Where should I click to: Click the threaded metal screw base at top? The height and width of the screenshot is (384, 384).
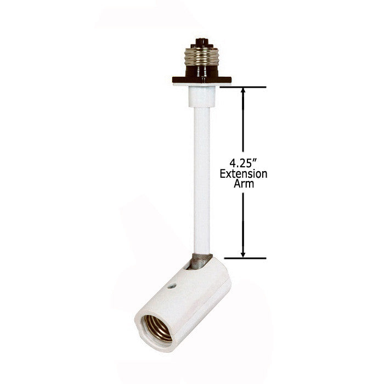click(201, 57)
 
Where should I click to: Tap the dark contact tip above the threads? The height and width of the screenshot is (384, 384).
click(201, 43)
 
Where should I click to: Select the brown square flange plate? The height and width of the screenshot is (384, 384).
click(202, 80)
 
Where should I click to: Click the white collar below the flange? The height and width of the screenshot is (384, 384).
click(202, 97)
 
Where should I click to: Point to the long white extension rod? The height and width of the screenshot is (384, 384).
click(202, 180)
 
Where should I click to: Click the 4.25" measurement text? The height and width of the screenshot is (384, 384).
click(243, 163)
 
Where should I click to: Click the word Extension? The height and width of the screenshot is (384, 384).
click(244, 174)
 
